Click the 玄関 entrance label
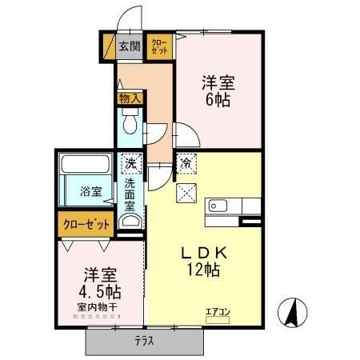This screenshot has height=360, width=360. pos(129,46)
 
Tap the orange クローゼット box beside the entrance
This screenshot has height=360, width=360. pos(158,46)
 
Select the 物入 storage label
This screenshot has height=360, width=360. pos(129,98)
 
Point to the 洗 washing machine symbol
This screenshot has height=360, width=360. pos(130,163)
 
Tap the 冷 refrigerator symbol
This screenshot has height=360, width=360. pos(186,163)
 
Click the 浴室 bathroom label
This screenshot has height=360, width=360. pos(90,191)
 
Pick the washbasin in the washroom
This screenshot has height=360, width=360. pos(130,219)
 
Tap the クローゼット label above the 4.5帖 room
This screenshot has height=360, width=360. pos(86,225)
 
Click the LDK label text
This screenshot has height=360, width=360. pos(203,253)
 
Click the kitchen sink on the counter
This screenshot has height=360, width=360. pos(218,206)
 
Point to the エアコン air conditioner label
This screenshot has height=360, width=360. pos(218,312)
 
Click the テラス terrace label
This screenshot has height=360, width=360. pos(144,341)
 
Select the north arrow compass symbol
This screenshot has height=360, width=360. pos(292,311)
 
